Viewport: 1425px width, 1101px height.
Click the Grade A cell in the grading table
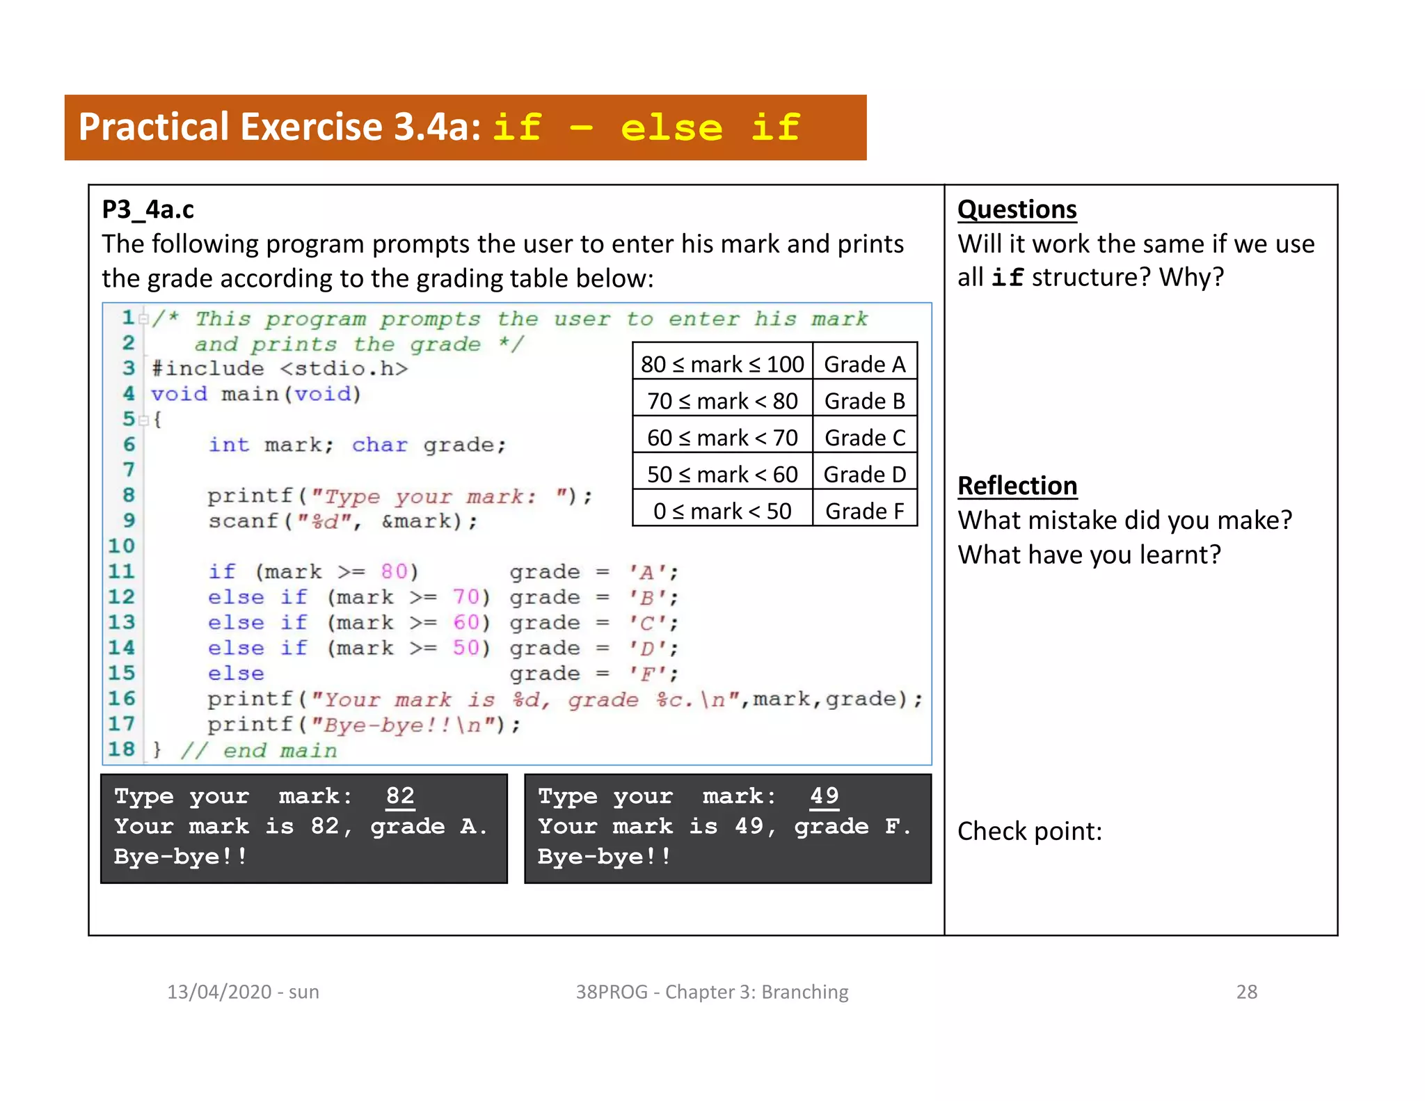(x=864, y=364)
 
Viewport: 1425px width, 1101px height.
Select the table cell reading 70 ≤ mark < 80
(x=722, y=401)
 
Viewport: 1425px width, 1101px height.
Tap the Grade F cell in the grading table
(x=864, y=511)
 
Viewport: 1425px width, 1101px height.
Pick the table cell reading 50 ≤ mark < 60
(x=722, y=475)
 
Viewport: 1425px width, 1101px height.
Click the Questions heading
(x=1017, y=209)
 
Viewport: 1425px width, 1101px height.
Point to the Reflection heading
(x=1017, y=486)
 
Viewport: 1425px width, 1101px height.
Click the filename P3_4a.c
(x=148, y=209)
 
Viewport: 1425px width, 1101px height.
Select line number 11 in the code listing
(x=121, y=571)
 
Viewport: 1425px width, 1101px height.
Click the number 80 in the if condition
(x=394, y=572)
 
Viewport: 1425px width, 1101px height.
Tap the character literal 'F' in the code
(x=646, y=674)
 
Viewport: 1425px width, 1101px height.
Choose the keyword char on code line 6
(x=379, y=445)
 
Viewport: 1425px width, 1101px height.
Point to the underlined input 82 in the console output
(x=400, y=795)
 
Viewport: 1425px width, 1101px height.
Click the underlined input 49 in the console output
(x=824, y=795)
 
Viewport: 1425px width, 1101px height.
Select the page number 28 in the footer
(x=1246, y=992)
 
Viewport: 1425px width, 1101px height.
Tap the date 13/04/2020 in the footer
(x=218, y=992)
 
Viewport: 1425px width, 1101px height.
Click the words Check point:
(x=1029, y=831)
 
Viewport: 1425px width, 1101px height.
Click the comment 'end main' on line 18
(x=279, y=750)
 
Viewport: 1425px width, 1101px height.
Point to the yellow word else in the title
(x=671, y=128)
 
